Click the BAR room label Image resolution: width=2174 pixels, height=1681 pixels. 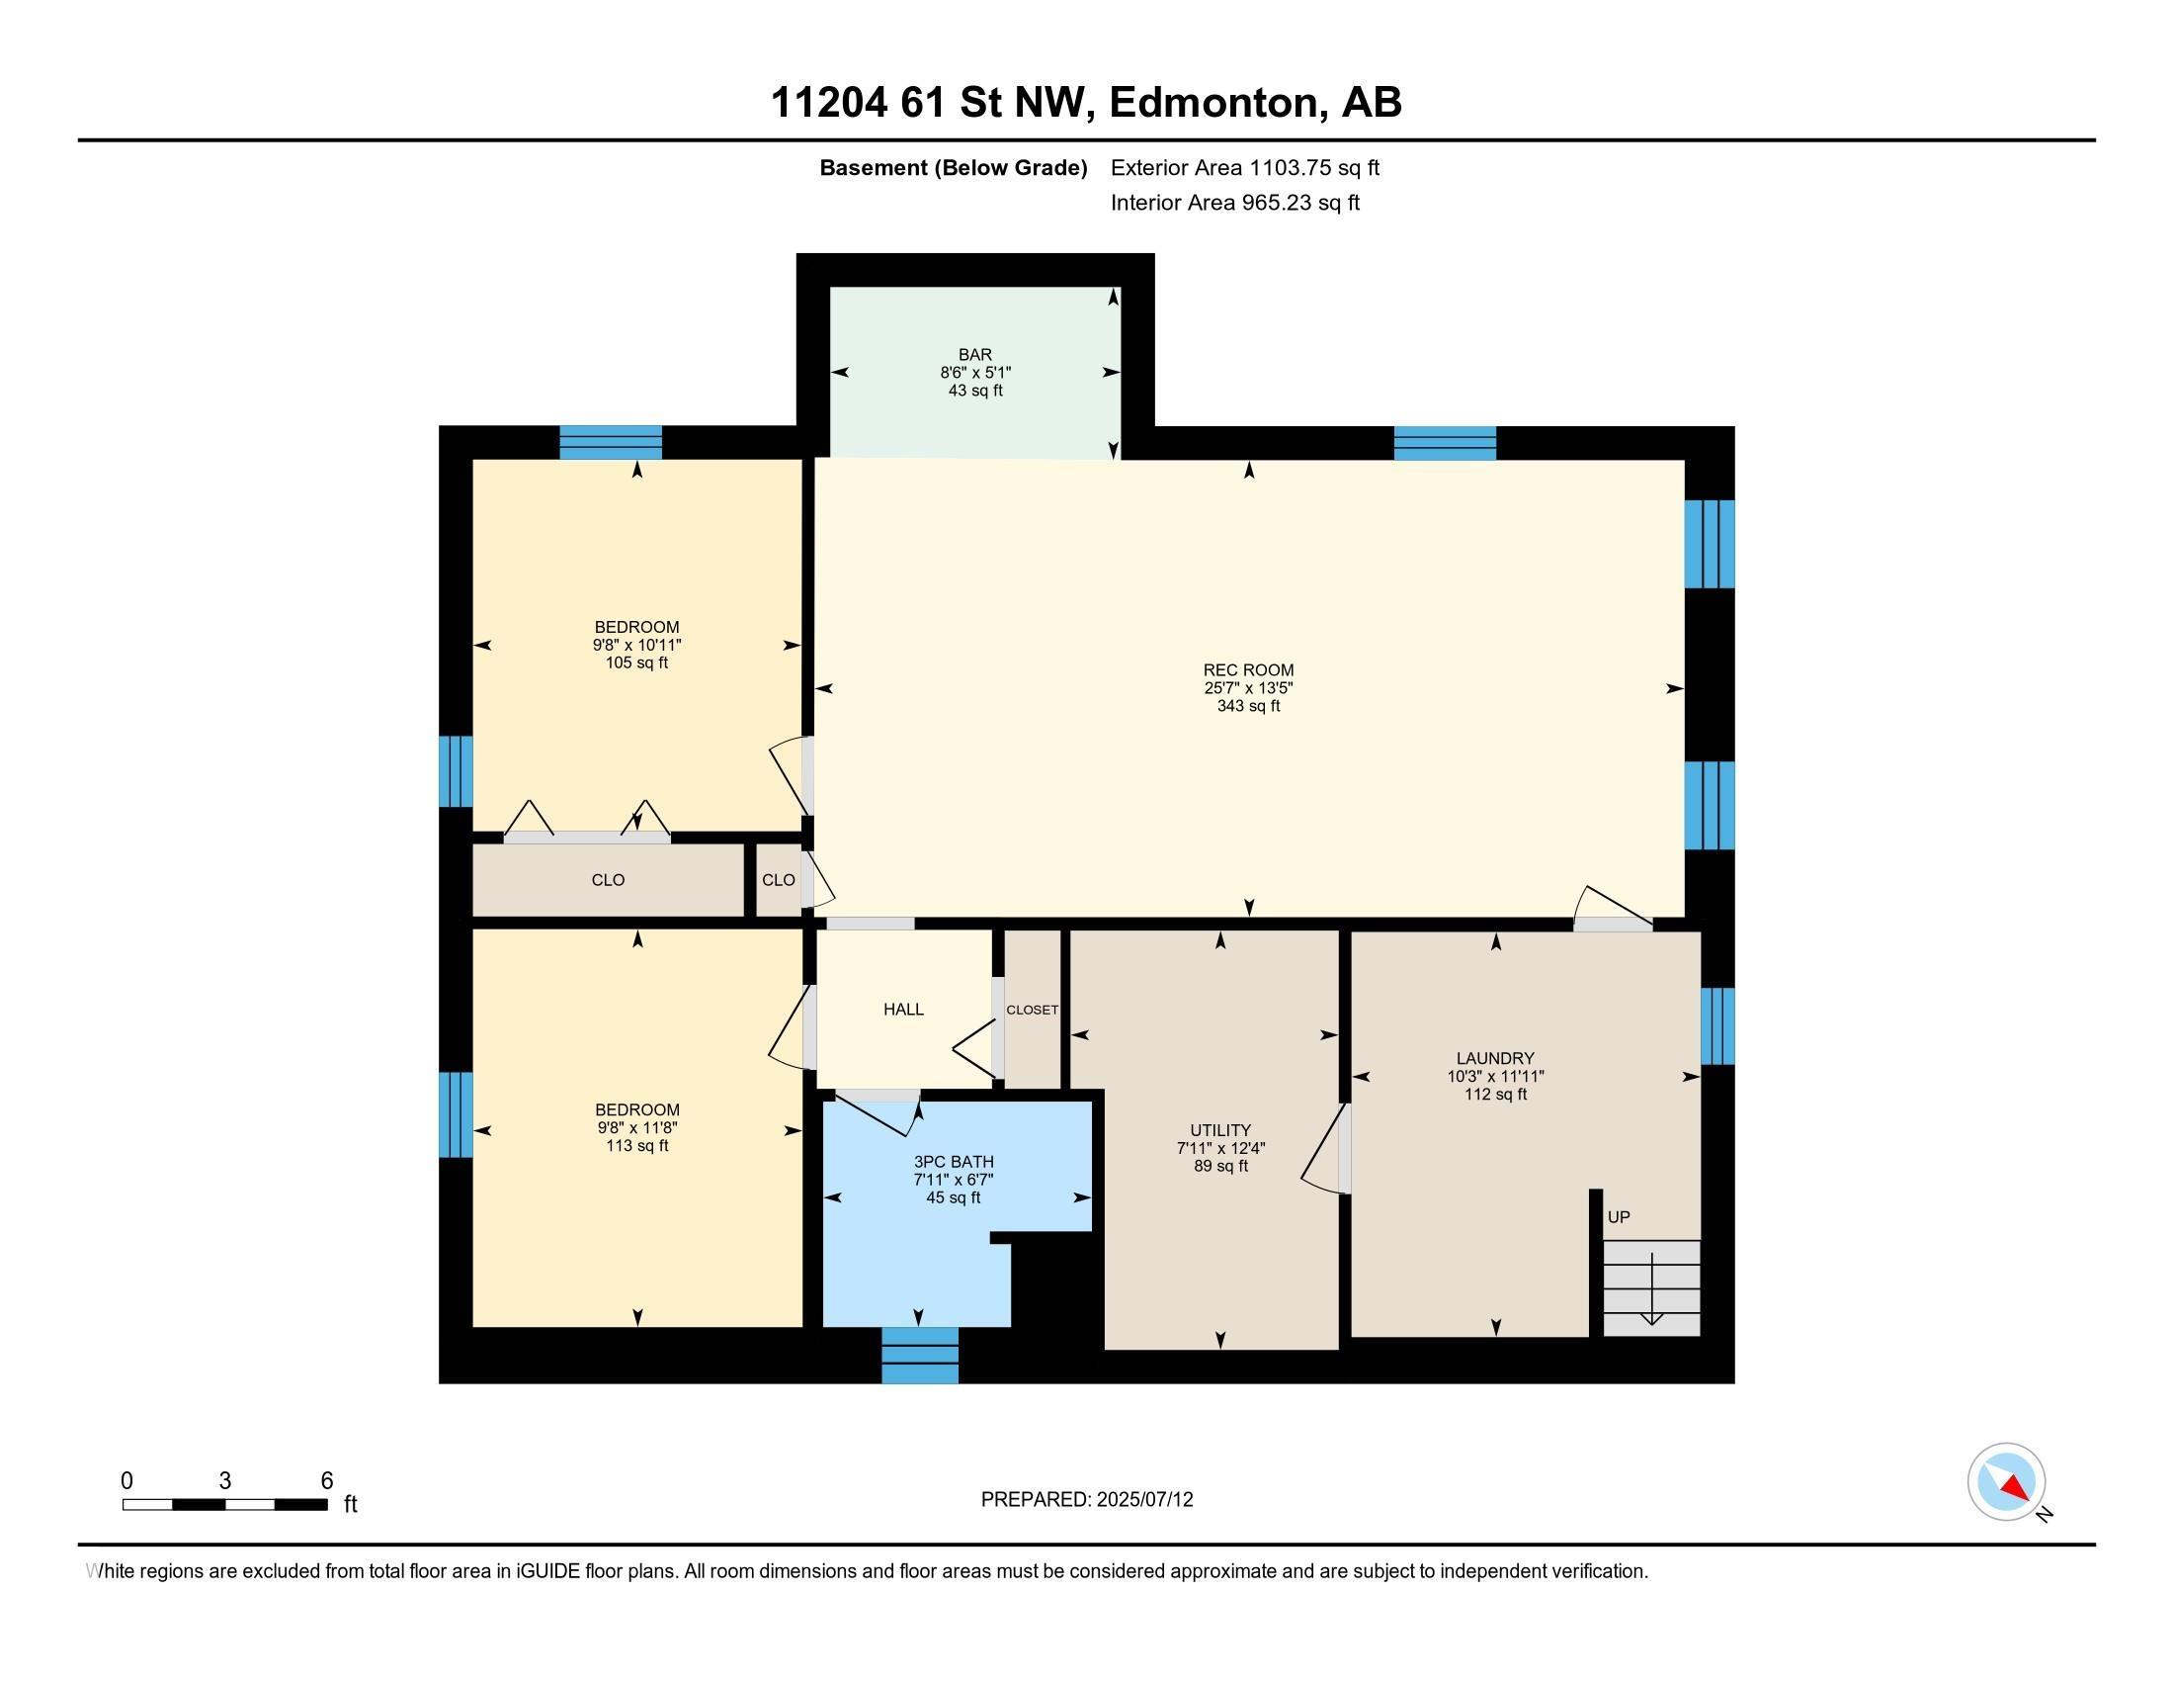point(974,355)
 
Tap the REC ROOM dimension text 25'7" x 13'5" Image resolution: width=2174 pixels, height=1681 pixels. point(1247,688)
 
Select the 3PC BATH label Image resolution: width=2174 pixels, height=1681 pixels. point(953,1161)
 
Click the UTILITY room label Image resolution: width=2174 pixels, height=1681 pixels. point(1219,1129)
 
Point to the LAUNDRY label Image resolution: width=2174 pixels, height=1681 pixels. point(1494,1058)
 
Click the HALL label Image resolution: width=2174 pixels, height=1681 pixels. point(903,1009)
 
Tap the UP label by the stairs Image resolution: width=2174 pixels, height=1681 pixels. point(1619,1217)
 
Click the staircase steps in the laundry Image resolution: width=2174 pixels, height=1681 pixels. point(1650,1286)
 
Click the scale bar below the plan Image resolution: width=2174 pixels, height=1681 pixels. point(225,1504)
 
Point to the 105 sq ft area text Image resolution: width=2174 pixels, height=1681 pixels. point(636,664)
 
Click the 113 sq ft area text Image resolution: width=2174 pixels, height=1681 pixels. point(636,1146)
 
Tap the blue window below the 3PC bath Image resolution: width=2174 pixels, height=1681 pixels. point(920,1356)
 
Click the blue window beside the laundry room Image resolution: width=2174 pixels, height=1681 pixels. point(1717,1025)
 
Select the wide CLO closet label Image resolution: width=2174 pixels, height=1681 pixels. point(607,879)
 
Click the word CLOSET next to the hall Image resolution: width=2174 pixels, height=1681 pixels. point(1032,1009)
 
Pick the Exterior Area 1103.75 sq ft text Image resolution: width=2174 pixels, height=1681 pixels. point(1244,167)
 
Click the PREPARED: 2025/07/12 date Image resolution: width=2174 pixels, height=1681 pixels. point(1086,1499)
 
